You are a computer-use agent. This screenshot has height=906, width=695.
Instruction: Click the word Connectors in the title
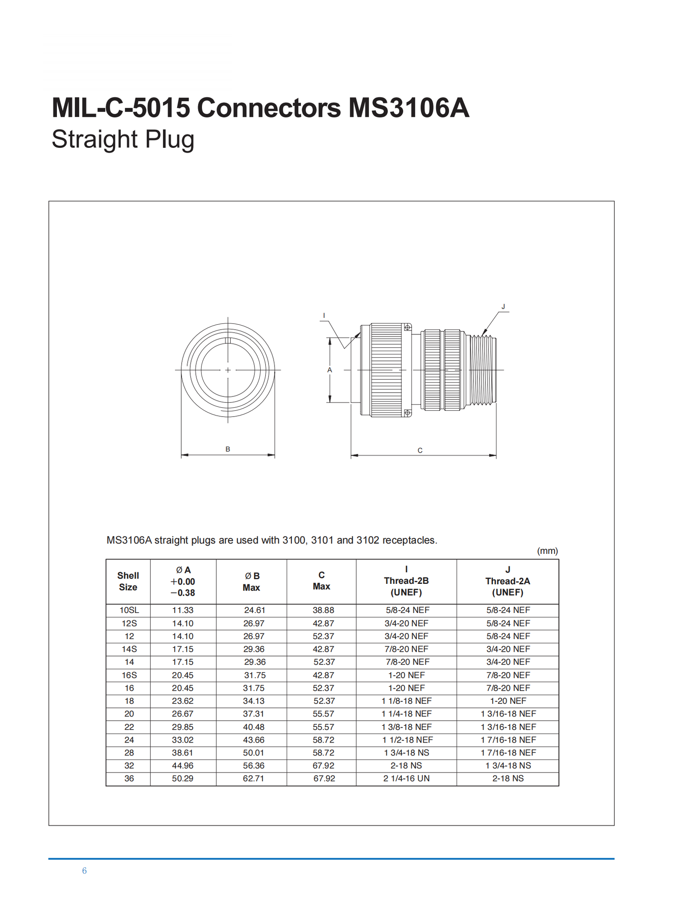pos(268,107)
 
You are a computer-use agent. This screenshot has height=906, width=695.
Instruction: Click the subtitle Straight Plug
pos(123,140)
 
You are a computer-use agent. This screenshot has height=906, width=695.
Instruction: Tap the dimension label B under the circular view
pos(228,449)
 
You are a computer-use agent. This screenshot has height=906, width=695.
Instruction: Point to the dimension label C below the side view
pos(420,450)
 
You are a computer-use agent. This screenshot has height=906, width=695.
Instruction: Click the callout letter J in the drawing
pos(503,306)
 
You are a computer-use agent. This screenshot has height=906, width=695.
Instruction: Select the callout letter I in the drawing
pos(324,316)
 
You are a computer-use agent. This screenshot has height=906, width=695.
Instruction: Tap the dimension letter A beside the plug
pos(330,370)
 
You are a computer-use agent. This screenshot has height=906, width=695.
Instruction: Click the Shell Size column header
pos(128,581)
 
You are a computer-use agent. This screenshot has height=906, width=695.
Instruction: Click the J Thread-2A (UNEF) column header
pos(507,581)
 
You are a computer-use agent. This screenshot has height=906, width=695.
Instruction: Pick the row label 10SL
pos(129,610)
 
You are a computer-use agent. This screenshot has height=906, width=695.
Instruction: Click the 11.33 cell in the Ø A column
pos(183,610)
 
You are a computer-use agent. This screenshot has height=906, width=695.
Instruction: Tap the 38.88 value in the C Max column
pos(323,610)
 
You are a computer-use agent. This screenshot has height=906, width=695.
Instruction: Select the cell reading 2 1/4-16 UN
pos(406,779)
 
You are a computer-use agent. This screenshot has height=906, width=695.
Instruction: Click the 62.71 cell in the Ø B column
pos(253,779)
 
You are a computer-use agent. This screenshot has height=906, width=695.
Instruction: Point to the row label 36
pos(129,779)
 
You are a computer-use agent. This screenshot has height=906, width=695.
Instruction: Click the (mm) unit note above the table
pos(547,551)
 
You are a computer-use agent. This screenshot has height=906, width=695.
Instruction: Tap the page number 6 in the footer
pos(84,871)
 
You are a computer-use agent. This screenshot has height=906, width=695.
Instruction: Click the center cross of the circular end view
pos(228,370)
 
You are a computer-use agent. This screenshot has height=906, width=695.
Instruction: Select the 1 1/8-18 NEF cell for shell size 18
pos(407,701)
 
